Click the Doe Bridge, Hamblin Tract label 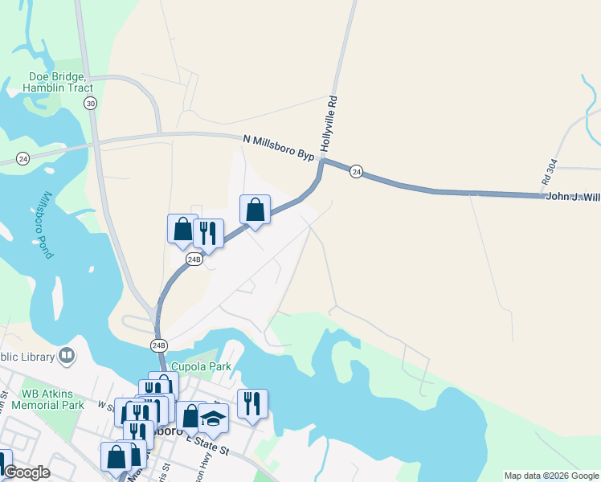coord(61,82)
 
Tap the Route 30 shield coord(90,104)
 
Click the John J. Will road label coord(572,196)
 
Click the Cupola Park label coord(205,367)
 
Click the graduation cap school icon coord(213,418)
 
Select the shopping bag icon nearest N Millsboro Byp coord(255,210)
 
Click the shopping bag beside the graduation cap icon coord(190,416)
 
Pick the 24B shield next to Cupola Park coord(159,345)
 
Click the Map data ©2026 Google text coord(551,476)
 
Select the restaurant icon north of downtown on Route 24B coord(208,234)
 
